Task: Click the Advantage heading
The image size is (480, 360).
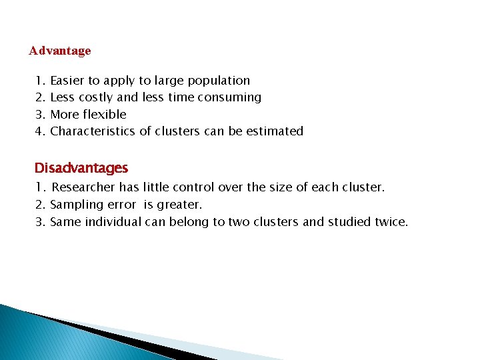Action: (x=60, y=51)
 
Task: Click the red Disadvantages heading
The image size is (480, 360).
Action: (x=81, y=168)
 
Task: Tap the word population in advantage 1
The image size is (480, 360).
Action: (x=219, y=81)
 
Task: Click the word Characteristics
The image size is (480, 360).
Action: (x=93, y=131)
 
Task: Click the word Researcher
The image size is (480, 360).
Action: (x=85, y=188)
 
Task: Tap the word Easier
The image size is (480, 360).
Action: (x=67, y=81)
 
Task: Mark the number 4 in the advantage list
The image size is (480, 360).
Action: (x=39, y=131)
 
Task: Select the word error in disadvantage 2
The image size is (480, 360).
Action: (x=121, y=205)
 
